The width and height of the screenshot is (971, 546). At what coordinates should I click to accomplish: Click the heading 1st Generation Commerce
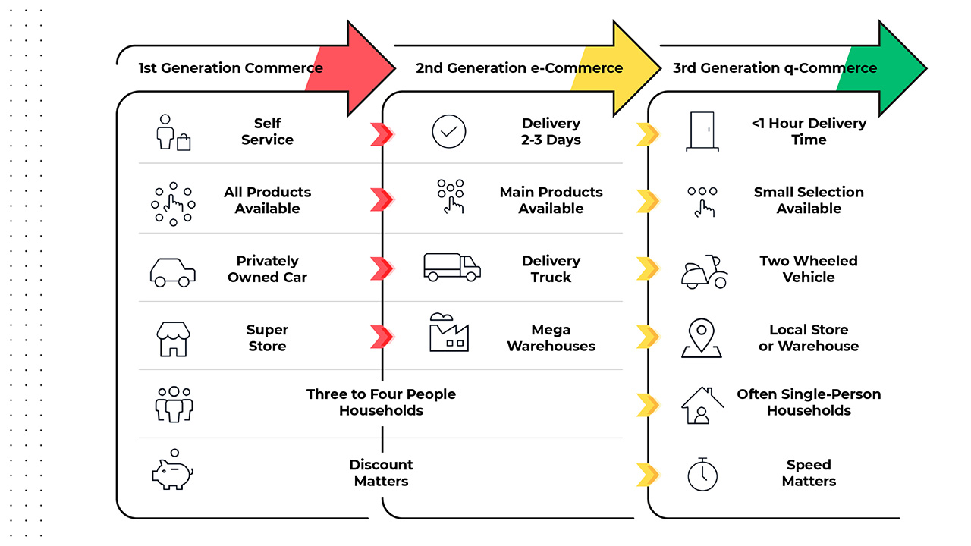coord(230,68)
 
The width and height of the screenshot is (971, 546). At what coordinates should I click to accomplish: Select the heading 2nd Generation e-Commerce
coord(519,68)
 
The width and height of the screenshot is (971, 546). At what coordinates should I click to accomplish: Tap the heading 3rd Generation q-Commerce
coord(775,68)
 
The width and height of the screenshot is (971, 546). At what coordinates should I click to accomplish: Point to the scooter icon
coord(704,271)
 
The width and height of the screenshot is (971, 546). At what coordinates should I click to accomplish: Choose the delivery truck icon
coord(451,268)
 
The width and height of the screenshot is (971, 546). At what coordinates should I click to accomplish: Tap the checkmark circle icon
coord(449,131)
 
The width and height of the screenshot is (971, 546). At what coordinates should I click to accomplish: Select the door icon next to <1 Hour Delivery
coord(702,131)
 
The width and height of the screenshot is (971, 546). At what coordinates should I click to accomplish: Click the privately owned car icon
coord(173,271)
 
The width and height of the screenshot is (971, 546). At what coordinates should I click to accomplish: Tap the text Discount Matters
coord(381,472)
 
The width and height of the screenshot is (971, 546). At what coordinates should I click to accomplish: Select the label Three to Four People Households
coord(381,402)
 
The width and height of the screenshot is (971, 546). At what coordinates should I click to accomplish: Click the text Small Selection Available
coord(809,200)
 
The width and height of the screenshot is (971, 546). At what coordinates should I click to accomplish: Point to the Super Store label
coord(267,337)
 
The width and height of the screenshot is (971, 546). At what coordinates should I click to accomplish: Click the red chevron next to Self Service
coord(382,134)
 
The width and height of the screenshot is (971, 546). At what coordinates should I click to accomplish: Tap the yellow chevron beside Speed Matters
coord(647,475)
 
